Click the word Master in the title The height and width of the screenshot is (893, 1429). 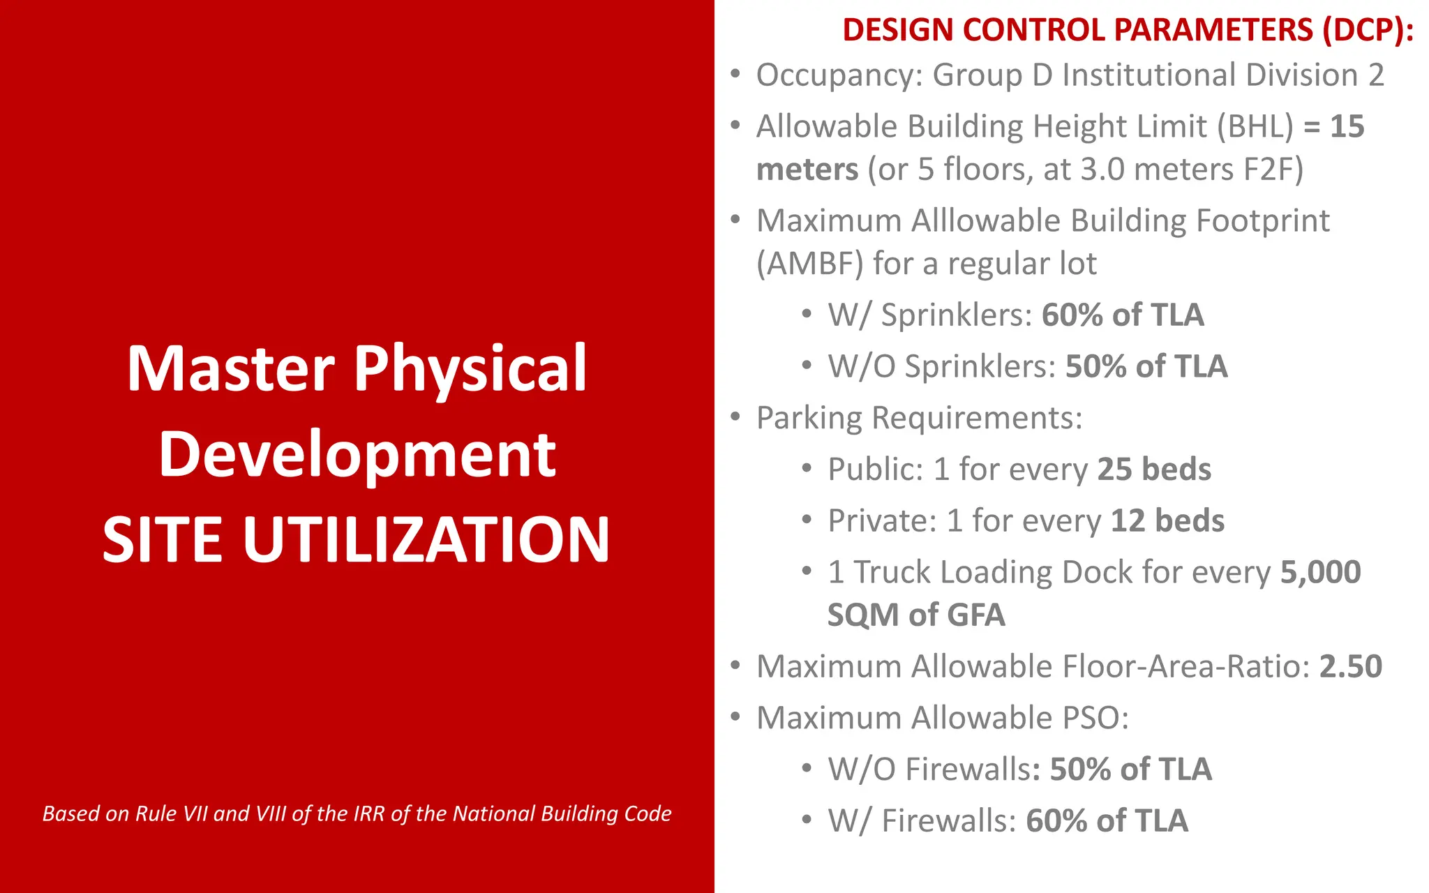tap(230, 369)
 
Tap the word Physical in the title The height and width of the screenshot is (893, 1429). tap(470, 369)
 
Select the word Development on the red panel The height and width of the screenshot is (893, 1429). tap(357, 455)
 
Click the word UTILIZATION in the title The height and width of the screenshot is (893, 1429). tap(426, 540)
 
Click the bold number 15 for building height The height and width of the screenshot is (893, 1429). tap(1347, 127)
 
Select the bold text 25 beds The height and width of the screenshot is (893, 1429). tap(1154, 470)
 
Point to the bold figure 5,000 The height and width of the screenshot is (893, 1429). tap(1320, 572)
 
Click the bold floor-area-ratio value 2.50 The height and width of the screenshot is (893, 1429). tap(1350, 667)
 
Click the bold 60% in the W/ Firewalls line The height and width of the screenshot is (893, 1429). tap(1056, 821)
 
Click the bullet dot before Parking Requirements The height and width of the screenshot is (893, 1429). tap(735, 417)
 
